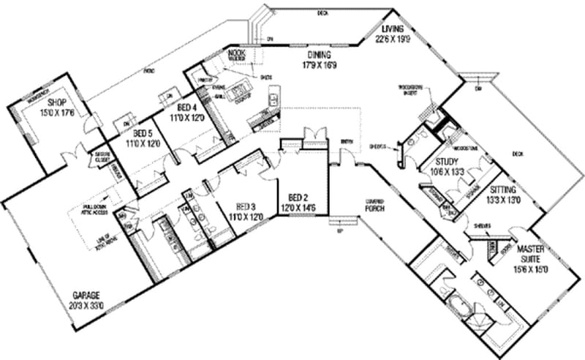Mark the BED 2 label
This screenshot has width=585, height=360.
[297, 198]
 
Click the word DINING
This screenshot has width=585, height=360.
[320, 55]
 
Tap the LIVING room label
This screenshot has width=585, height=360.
[392, 29]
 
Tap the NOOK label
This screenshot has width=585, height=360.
[235, 53]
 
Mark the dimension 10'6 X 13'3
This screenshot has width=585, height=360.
[447, 170]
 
